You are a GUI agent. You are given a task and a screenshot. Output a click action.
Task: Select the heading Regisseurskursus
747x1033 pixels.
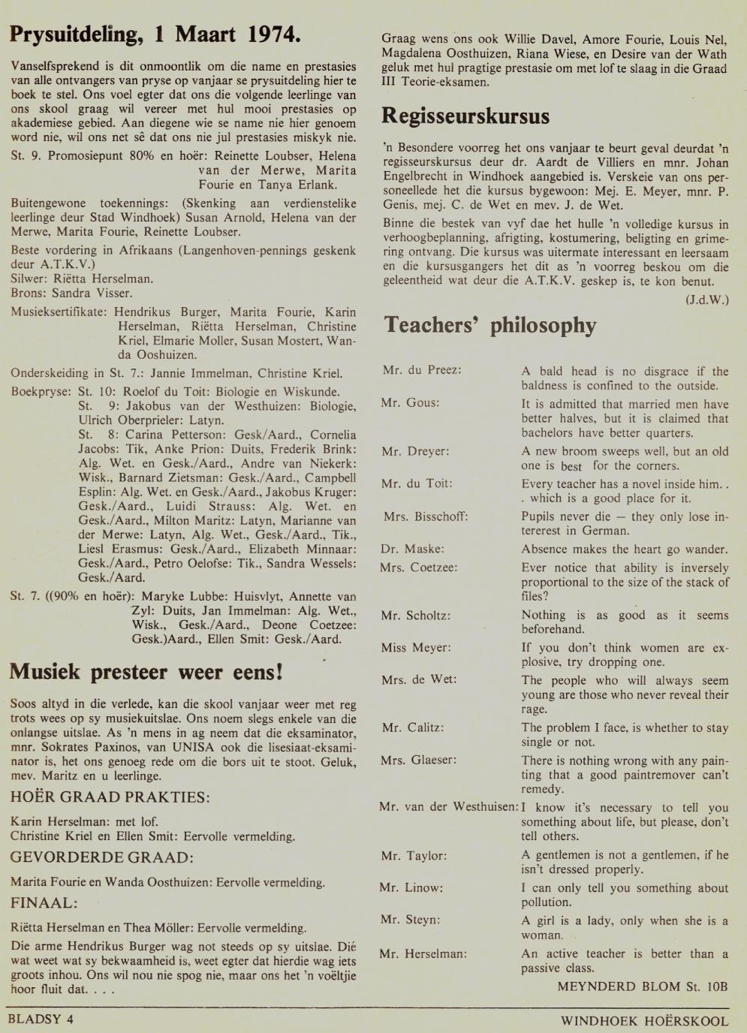click(465, 116)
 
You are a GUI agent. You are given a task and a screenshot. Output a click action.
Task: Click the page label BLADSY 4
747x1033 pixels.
click(41, 1019)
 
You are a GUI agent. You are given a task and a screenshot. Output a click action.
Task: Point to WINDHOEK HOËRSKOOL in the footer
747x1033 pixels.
click(644, 1021)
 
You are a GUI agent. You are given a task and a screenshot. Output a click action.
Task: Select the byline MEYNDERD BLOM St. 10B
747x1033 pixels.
click(643, 986)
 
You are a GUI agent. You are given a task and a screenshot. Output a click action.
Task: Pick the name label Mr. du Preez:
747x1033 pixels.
click(421, 370)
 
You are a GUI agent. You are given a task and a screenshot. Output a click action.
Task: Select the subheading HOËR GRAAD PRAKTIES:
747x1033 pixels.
click(110, 797)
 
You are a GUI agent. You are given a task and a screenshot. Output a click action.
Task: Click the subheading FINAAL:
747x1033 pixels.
click(44, 902)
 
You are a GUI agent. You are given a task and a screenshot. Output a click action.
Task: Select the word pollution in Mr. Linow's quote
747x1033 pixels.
click(547, 902)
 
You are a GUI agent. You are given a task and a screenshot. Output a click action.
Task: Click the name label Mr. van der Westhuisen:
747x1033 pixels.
click(448, 807)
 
